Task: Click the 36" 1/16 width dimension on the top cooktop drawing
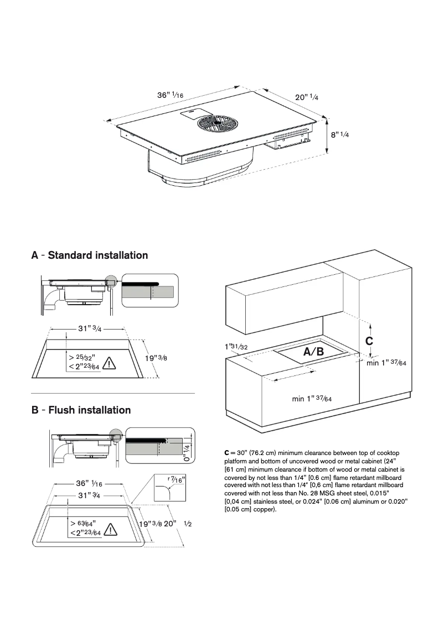(x=170, y=95)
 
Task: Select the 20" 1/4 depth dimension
(x=306, y=97)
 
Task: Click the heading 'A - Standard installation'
(x=90, y=255)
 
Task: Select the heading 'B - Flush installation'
(x=81, y=410)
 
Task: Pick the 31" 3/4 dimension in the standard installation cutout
(x=89, y=328)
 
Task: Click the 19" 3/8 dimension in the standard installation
(x=156, y=358)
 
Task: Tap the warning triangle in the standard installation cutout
(x=110, y=363)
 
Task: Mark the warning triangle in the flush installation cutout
(x=110, y=529)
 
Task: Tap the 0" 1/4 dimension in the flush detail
(x=187, y=452)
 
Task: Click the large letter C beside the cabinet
(x=369, y=341)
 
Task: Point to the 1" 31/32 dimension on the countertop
(x=236, y=347)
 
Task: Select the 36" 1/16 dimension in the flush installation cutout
(x=89, y=484)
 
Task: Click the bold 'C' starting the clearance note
(x=227, y=453)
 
